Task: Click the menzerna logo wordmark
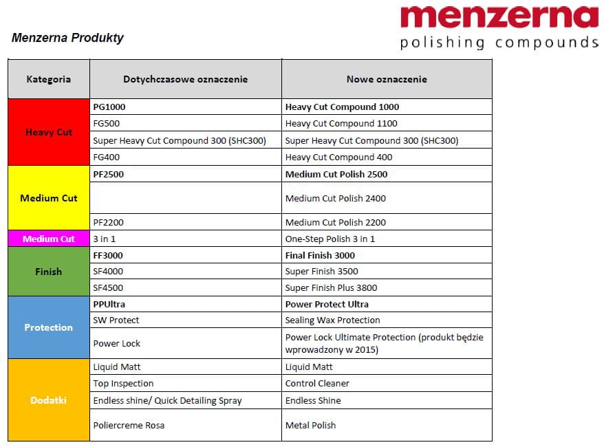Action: coord(499,18)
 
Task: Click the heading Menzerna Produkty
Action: coord(67,38)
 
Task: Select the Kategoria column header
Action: coord(49,79)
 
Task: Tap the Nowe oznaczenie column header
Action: coord(387,79)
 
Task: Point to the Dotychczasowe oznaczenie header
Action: coord(185,79)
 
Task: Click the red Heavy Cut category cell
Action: coord(49,132)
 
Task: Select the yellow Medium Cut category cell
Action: coord(49,198)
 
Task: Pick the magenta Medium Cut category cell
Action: coord(49,239)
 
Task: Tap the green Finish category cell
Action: coord(49,272)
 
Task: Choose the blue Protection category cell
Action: coord(49,327)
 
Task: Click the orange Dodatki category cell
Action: coord(49,400)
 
